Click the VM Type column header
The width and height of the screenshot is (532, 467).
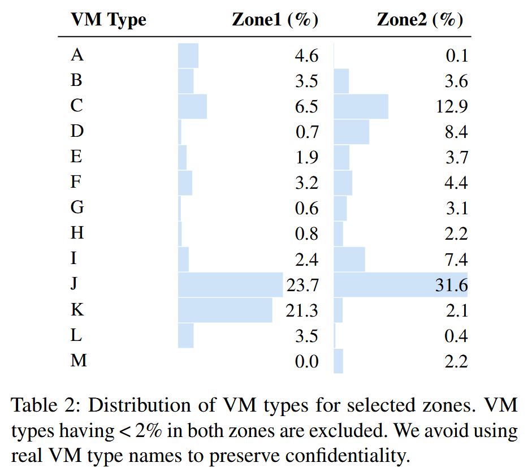[x=108, y=20]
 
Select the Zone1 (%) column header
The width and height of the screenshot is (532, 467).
[x=275, y=20]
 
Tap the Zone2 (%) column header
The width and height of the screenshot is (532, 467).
[x=420, y=20]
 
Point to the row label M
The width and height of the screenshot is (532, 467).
[x=79, y=361]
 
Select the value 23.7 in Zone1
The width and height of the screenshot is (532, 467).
[x=303, y=285]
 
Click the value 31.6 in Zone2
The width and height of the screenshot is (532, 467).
[x=452, y=285]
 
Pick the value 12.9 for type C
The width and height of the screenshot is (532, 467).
[x=452, y=107]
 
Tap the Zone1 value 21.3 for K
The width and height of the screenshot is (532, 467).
[x=303, y=310]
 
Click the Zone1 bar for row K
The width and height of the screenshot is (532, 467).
[x=225, y=310]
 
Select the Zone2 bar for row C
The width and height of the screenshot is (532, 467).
[x=361, y=107]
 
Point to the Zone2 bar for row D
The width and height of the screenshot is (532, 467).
[x=351, y=132]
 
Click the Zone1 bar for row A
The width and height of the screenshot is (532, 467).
[x=188, y=55]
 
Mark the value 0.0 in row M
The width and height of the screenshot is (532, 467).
[x=307, y=361]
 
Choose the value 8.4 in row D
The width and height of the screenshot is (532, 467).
[x=456, y=132]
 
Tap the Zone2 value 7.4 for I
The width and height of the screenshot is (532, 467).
[x=456, y=260]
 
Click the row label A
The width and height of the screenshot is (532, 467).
[x=77, y=55]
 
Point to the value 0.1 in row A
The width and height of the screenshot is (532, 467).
[x=456, y=56]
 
